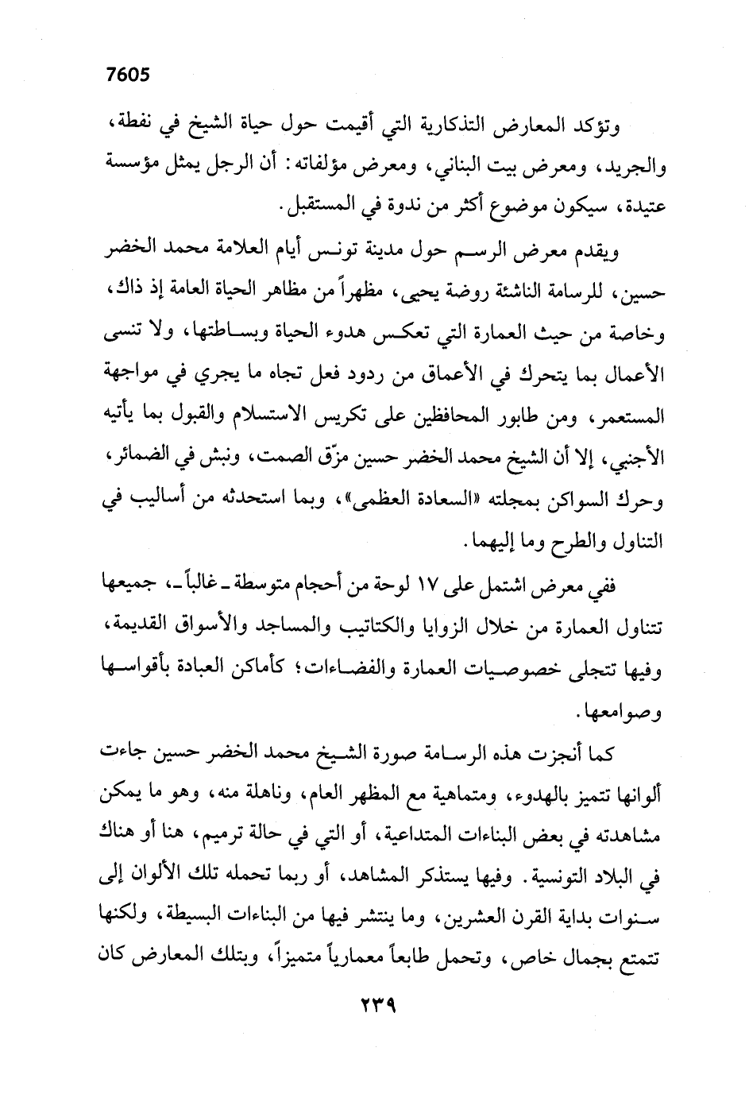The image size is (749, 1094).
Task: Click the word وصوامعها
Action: tap(627, 712)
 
